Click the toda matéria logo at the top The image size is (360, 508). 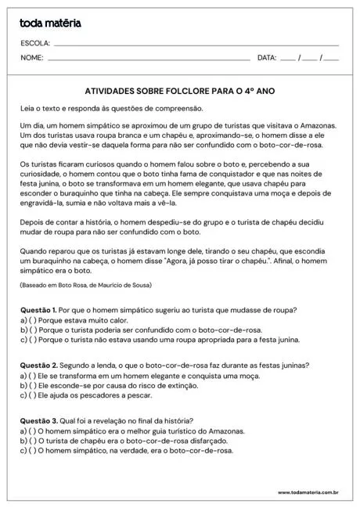pyautogui.click(x=50, y=23)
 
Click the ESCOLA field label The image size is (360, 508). pyautogui.click(x=35, y=43)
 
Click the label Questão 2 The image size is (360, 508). pyautogui.click(x=38, y=366)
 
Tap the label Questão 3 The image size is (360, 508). pyautogui.click(x=38, y=422)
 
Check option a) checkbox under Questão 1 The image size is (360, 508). pyautogui.click(x=32, y=320)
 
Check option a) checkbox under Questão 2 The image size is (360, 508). pyautogui.click(x=32, y=376)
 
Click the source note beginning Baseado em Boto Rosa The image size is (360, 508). pyautogui.click(x=86, y=285)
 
